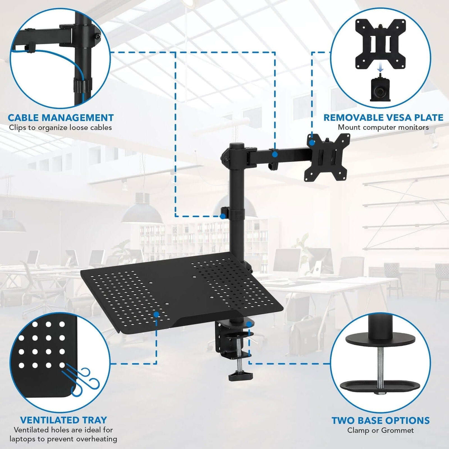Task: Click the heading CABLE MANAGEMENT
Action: coord(61,118)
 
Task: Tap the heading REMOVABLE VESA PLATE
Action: coord(383,118)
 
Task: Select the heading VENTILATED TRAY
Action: coord(63,420)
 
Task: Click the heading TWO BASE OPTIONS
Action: coord(380,421)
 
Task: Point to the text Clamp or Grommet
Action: coord(380,430)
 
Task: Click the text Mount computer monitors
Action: coord(383,127)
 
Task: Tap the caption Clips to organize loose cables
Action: coord(60,128)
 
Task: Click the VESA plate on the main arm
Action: coord(327,158)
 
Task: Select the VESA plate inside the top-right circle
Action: coord(381,44)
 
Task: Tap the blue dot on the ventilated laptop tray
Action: coord(156,314)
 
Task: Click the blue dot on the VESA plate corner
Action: coord(312,142)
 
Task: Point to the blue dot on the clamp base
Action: coord(249,324)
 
